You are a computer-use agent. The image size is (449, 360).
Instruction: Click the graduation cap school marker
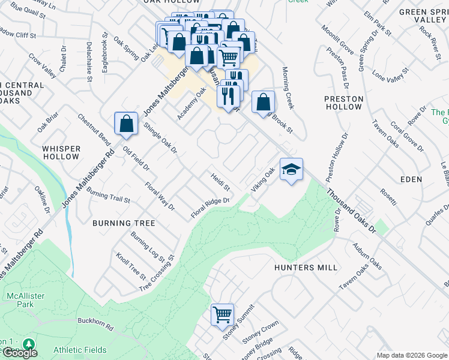(x=291, y=170)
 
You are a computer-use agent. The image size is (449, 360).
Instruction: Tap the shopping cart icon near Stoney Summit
(x=222, y=314)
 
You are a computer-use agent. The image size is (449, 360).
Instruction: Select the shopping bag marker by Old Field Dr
(x=126, y=125)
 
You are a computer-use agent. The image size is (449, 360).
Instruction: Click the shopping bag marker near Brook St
(x=263, y=102)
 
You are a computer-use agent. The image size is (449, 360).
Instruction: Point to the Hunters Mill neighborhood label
(x=306, y=268)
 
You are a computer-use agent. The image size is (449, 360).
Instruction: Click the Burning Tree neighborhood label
(x=124, y=223)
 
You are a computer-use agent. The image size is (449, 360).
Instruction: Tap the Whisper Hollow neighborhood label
(x=61, y=152)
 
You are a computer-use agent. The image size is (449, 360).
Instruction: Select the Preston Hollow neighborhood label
(x=344, y=103)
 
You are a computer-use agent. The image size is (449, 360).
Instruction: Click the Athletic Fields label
(x=80, y=350)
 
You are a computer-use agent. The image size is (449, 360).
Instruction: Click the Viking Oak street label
(x=263, y=180)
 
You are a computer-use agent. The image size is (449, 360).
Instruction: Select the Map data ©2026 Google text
(x=412, y=355)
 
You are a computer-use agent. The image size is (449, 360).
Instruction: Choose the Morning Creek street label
(x=288, y=88)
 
